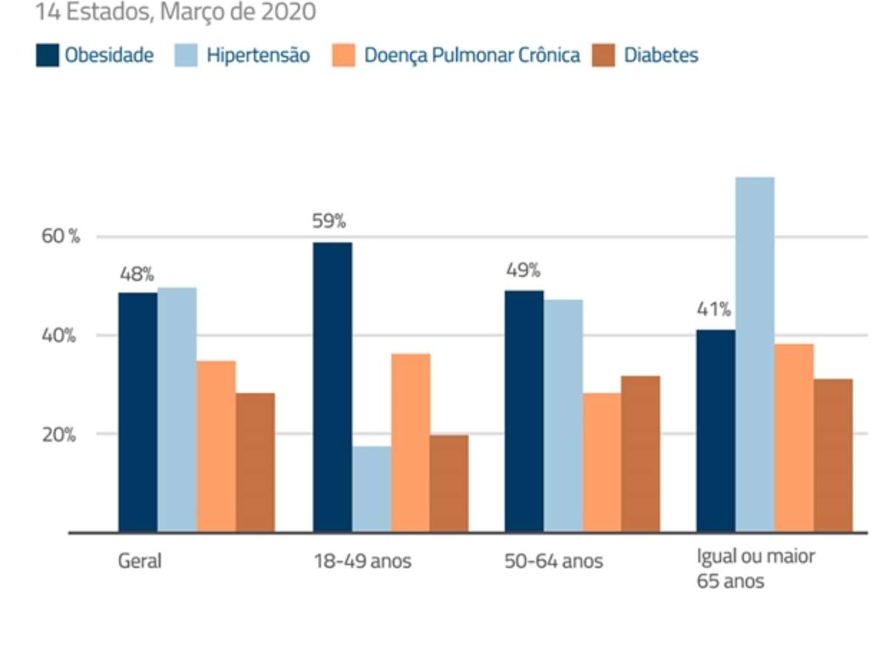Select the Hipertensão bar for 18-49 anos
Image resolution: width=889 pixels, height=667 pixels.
(x=371, y=489)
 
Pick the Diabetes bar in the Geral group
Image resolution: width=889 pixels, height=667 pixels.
(x=255, y=462)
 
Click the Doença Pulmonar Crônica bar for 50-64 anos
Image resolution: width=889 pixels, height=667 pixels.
(x=602, y=462)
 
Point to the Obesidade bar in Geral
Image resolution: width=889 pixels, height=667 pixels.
(x=138, y=412)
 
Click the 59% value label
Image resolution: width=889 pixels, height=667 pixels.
(x=329, y=222)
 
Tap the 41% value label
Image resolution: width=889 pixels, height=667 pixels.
(x=713, y=309)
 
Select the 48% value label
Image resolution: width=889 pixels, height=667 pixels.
(x=137, y=273)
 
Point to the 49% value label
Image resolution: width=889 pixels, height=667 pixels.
(x=523, y=270)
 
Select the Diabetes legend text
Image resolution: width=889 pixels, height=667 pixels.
(x=661, y=56)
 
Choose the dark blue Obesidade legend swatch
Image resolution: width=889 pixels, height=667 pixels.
(x=47, y=56)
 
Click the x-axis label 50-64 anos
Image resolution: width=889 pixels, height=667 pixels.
(x=553, y=561)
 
